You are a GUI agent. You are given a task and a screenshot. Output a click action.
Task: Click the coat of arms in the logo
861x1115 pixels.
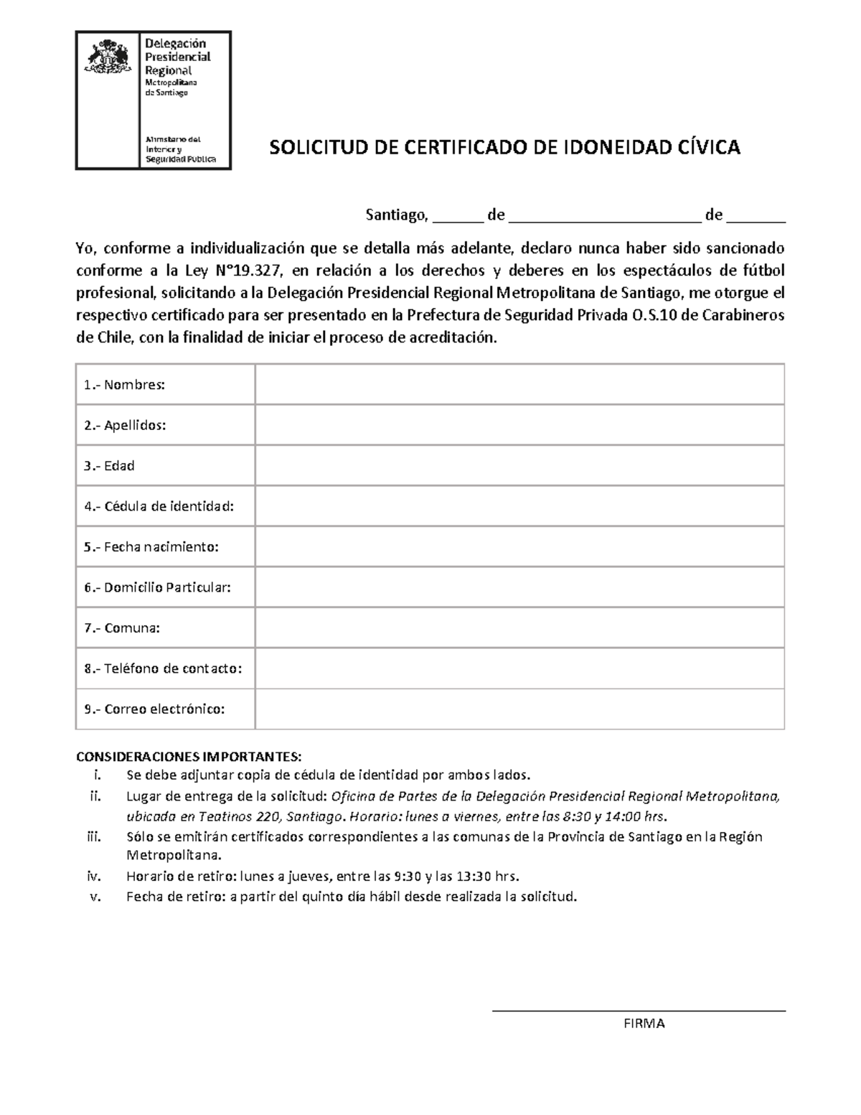pyautogui.click(x=107, y=57)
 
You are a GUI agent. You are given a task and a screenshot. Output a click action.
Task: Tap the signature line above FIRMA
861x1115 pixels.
pyautogui.click(x=639, y=1011)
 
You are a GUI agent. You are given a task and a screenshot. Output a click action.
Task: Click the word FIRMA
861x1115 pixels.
pyautogui.click(x=644, y=1024)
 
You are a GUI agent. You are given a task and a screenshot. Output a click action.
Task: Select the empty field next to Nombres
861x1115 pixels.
pyautogui.click(x=519, y=384)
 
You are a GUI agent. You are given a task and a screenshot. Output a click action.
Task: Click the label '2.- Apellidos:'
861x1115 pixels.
pyautogui.click(x=125, y=425)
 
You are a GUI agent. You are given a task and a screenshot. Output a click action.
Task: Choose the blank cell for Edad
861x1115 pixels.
pyautogui.click(x=519, y=465)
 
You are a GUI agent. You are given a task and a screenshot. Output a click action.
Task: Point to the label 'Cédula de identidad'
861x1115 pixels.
pyautogui.click(x=169, y=506)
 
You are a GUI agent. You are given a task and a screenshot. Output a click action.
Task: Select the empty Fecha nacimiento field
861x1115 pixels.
pyautogui.click(x=519, y=546)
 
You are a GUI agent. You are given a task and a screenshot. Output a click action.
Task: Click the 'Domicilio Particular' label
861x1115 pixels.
pyautogui.click(x=167, y=587)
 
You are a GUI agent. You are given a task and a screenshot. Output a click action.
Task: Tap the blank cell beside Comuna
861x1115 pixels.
pyautogui.click(x=519, y=628)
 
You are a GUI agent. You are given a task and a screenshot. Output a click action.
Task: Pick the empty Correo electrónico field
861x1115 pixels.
pyautogui.click(x=519, y=709)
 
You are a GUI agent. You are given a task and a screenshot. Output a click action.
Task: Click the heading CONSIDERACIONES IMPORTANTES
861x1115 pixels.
pyautogui.click(x=189, y=757)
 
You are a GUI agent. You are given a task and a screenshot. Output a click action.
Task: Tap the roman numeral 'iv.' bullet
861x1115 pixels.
pyautogui.click(x=95, y=877)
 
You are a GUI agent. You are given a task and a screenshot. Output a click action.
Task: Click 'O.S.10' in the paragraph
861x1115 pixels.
pyautogui.click(x=654, y=316)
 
